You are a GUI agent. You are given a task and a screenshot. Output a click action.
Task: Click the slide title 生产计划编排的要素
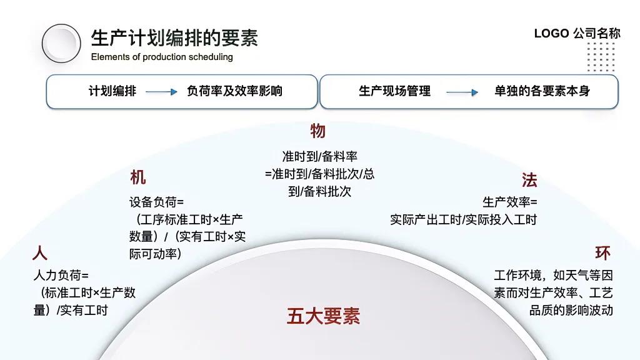click(x=174, y=38)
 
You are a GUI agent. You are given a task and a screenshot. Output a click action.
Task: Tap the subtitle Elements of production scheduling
click(x=162, y=57)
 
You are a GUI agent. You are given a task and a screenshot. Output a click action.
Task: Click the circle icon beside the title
click(x=61, y=43)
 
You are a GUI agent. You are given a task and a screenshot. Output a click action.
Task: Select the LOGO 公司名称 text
click(x=577, y=34)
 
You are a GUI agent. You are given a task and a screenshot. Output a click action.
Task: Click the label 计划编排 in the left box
click(x=112, y=91)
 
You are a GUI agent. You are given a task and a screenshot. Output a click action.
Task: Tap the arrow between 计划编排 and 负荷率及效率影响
click(x=162, y=92)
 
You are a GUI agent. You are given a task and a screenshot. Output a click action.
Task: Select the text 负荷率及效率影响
click(x=234, y=91)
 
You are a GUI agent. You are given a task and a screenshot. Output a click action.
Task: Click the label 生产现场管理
click(x=394, y=91)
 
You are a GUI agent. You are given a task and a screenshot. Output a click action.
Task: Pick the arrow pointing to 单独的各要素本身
click(x=462, y=92)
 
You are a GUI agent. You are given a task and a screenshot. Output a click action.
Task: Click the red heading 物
click(x=317, y=131)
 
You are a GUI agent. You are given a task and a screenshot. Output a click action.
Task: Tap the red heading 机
click(x=138, y=177)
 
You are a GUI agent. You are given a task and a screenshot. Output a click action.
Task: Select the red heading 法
click(x=529, y=181)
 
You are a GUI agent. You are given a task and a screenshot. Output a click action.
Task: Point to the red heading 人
click(x=40, y=253)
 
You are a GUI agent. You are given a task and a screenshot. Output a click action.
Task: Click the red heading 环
click(x=602, y=253)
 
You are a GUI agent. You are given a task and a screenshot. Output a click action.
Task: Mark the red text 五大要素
click(x=323, y=316)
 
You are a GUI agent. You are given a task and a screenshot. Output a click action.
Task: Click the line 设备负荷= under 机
click(x=157, y=202)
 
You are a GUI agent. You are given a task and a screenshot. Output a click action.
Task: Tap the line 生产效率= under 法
click(x=509, y=202)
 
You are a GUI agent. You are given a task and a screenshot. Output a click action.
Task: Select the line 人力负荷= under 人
click(x=61, y=275)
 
